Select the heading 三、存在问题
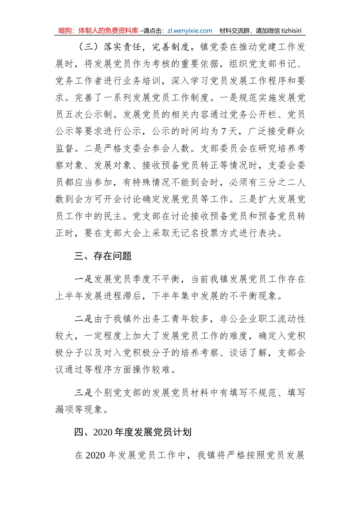(x=103, y=256)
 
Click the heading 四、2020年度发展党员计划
(x=133, y=432)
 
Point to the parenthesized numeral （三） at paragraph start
(x=88, y=47)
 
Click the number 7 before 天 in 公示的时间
(x=224, y=131)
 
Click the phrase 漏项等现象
(x=79, y=409)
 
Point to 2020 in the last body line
(x=95, y=455)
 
